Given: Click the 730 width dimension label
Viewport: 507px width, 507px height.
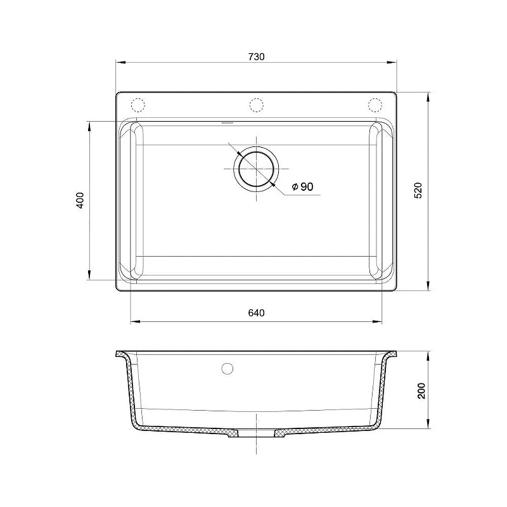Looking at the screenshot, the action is [256, 57].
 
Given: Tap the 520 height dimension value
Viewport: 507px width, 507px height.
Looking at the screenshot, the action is [418, 191].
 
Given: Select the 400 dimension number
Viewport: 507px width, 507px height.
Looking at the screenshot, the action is [80, 200].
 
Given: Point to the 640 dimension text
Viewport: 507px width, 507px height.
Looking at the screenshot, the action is [256, 313].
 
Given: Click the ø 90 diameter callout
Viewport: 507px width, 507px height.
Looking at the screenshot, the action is [302, 186].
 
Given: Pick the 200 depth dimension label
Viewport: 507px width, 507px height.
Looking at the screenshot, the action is [421, 390].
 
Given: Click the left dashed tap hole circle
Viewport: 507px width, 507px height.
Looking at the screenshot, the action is [138, 105].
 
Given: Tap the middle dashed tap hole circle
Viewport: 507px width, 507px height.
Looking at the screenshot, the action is [257, 105].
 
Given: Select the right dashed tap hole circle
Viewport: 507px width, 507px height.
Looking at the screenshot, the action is [375, 105].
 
